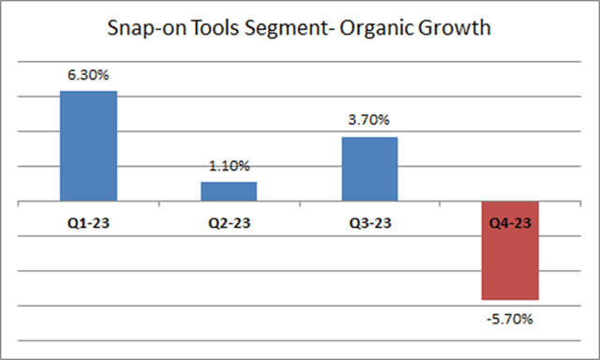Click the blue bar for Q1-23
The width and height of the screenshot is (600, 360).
tap(88, 146)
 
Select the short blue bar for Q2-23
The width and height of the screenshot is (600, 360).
tap(229, 191)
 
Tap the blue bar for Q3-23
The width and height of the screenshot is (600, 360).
tap(369, 169)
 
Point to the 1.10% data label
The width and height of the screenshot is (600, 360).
tap(229, 167)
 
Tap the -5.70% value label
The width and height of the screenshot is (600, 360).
tap(510, 320)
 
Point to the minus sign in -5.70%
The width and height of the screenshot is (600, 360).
tap(489, 320)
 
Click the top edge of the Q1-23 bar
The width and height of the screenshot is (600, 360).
tap(88, 92)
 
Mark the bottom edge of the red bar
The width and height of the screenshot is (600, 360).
tap(510, 298)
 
